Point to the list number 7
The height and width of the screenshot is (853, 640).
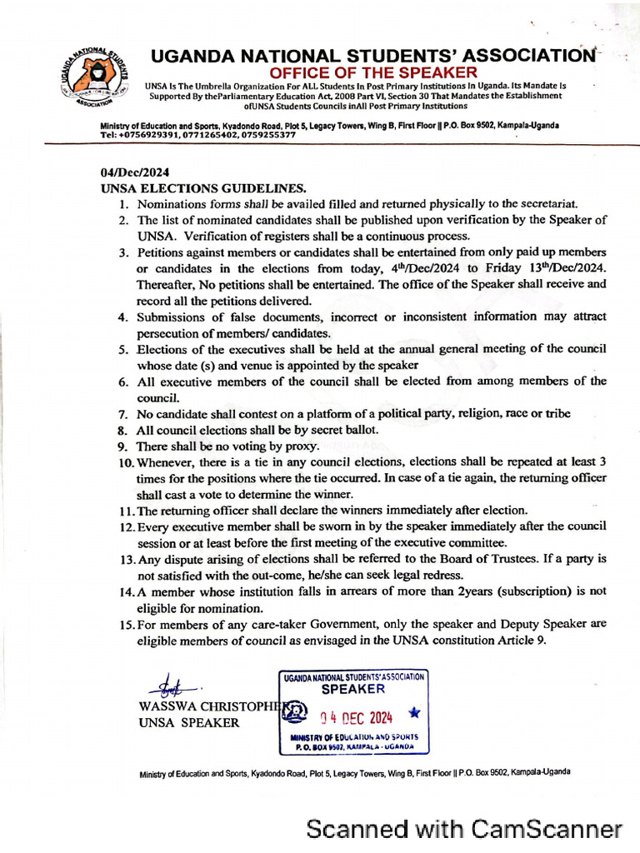[122, 414]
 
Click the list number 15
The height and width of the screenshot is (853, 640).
[126, 624]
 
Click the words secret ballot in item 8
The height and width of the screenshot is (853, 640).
[343, 430]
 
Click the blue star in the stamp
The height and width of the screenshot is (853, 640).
[415, 713]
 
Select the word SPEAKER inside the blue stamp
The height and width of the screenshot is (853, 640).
[353, 689]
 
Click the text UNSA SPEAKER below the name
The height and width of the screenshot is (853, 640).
[188, 722]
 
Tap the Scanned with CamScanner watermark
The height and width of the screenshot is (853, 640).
[464, 829]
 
